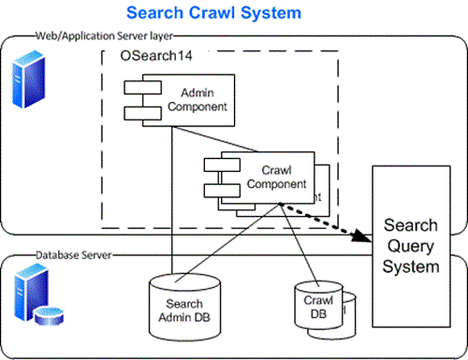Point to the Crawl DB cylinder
(x=319, y=308)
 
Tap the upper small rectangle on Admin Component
(x=137, y=90)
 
